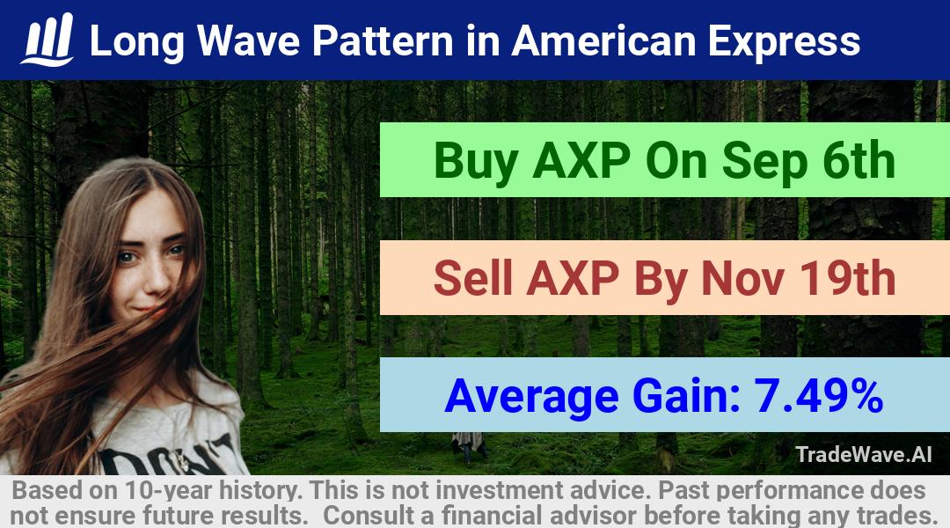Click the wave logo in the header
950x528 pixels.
click(47, 40)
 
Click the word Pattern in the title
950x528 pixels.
click(383, 41)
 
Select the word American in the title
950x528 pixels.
click(603, 41)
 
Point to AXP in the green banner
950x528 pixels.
click(581, 161)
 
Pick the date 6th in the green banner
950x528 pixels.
click(859, 160)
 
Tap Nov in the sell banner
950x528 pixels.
click(742, 278)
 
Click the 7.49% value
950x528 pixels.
click(818, 395)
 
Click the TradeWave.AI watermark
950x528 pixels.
click(864, 454)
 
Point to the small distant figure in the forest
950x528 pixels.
click(468, 446)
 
